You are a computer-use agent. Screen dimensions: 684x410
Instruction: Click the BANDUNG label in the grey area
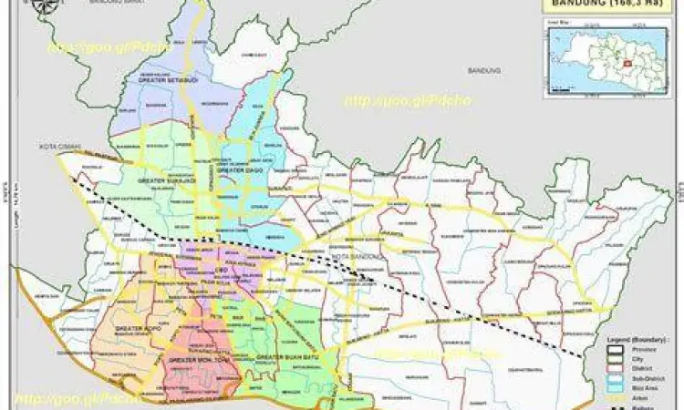[480, 70]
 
